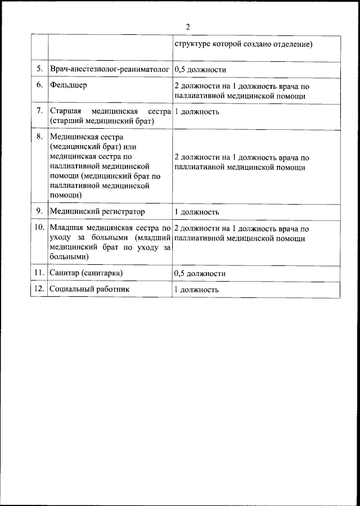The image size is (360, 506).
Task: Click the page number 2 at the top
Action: [188, 27]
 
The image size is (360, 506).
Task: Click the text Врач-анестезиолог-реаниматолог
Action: [110, 69]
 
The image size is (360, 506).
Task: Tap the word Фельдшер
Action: [68, 86]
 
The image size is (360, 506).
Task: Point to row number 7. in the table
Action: [40, 111]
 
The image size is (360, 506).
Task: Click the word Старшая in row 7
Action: [65, 111]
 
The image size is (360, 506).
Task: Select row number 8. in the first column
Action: [40, 137]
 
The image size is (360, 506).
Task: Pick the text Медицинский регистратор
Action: [97, 212]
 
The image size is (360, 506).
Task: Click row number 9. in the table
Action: [40, 211]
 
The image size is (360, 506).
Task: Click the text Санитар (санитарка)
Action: [86, 273]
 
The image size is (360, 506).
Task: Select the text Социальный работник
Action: [89, 289]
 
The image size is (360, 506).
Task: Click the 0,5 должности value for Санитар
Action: [200, 273]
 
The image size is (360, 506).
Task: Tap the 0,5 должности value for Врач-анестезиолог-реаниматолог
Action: [200, 70]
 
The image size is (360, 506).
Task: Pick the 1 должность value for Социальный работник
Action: [196, 290]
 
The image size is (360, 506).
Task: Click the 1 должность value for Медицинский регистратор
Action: [196, 213]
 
